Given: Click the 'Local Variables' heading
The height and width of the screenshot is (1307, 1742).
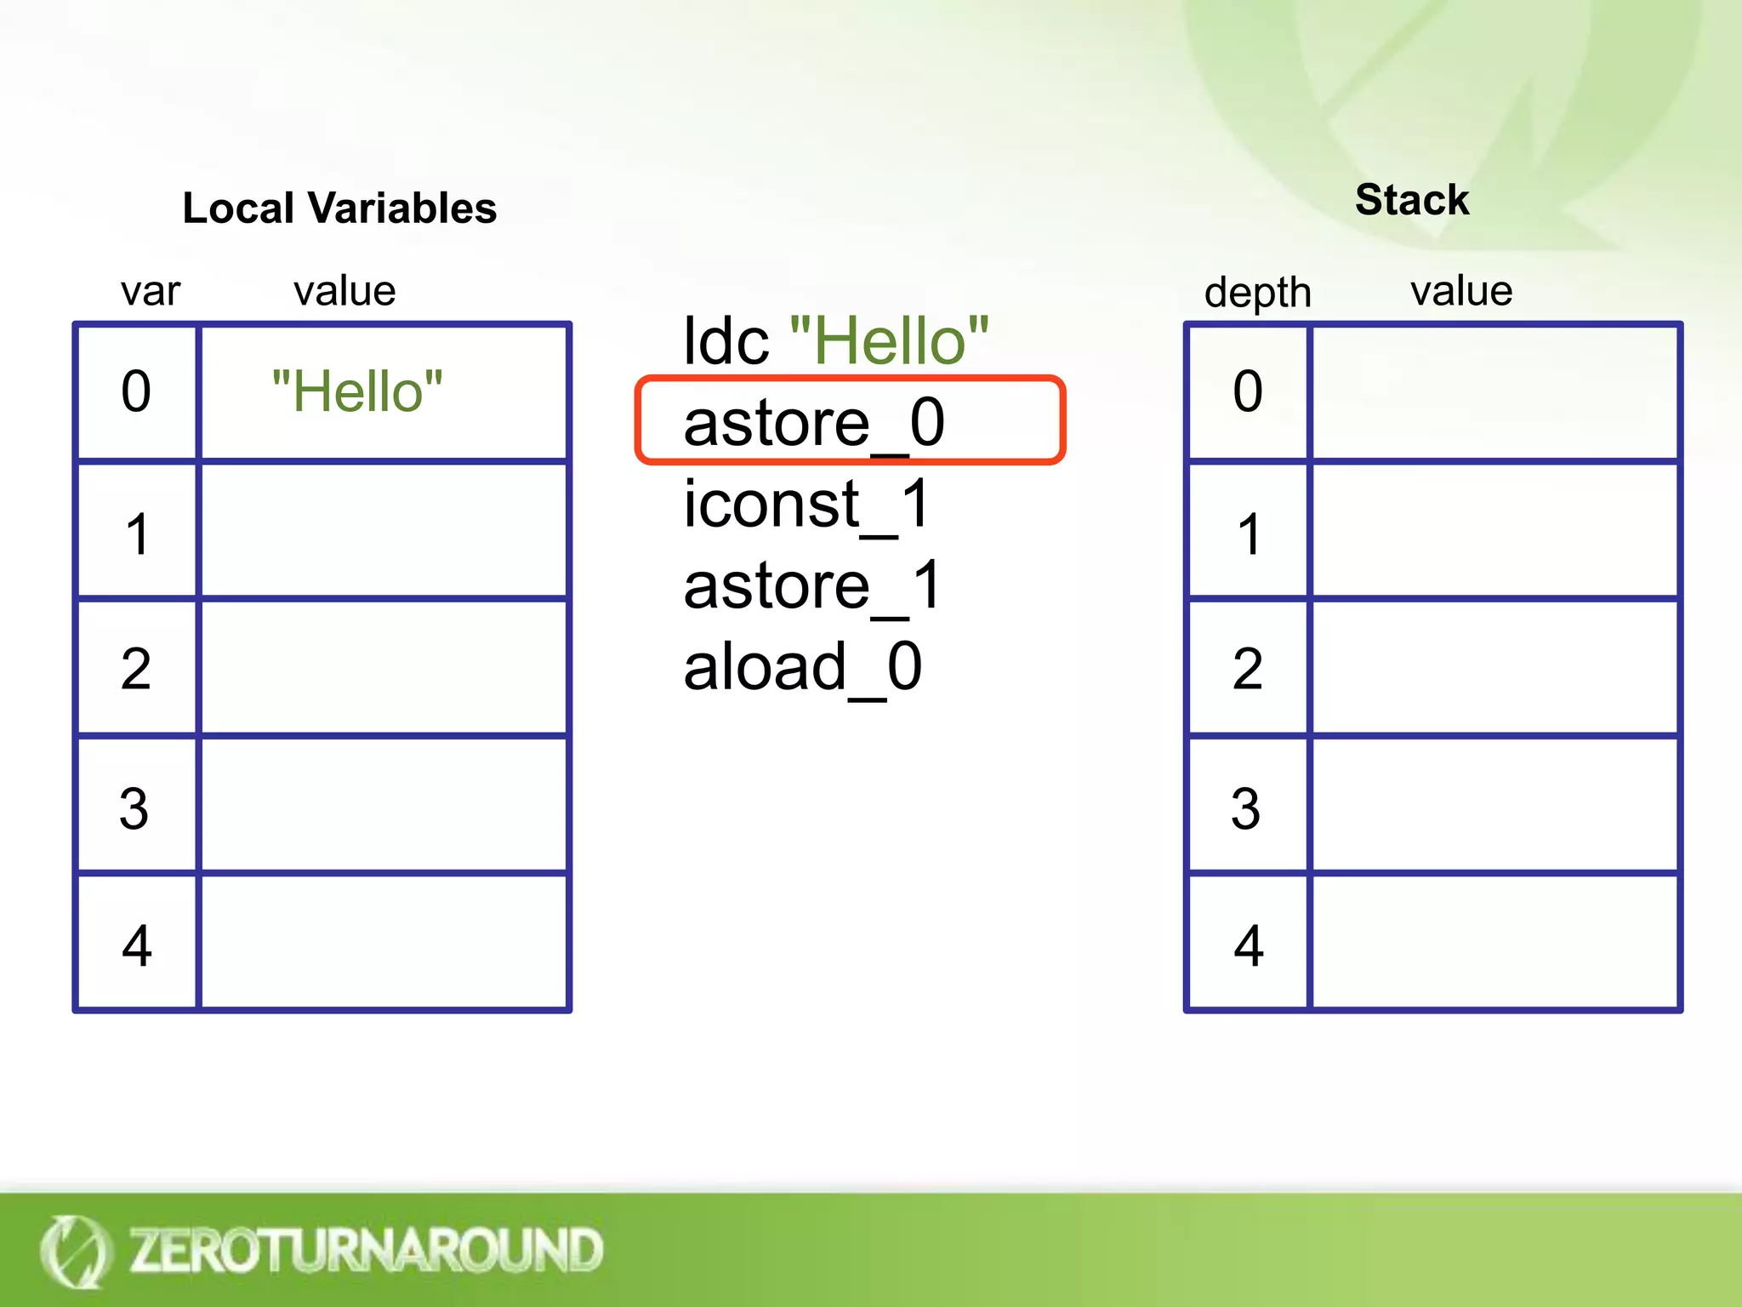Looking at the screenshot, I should coord(339,208).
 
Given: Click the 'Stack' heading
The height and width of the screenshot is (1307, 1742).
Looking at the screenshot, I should coord(1412,201).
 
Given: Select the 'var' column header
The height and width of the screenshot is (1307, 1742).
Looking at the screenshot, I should coord(151,292).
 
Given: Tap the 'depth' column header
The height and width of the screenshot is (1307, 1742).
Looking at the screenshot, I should coord(1257,293).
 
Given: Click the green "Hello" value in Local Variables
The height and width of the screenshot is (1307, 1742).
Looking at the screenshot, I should coord(357,392).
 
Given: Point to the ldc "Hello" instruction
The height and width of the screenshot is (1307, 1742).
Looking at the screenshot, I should coord(836,340).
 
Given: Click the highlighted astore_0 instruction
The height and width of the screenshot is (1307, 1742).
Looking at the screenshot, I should coord(814,422).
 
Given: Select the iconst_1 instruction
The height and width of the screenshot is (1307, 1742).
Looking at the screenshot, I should coord(807,504).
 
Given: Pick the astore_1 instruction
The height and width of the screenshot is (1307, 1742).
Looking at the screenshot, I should coord(812,585).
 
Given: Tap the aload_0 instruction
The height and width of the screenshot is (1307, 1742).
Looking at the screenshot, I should coord(803,667).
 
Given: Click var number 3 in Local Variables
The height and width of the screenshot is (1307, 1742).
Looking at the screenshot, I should coord(135,808).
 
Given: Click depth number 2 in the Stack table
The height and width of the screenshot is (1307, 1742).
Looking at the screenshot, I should coord(1247,669).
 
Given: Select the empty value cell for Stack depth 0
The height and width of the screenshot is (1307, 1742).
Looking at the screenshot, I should coord(1494,393).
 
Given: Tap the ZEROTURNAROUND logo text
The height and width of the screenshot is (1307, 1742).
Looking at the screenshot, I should coord(366,1250).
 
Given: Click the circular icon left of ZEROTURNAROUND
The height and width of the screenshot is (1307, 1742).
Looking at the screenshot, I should coord(75,1251).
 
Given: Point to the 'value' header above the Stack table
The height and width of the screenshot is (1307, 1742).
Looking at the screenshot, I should coord(1461,292).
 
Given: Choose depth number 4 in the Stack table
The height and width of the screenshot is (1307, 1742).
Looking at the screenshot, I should coord(1248,945).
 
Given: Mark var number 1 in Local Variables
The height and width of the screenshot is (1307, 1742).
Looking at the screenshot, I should coord(137,534).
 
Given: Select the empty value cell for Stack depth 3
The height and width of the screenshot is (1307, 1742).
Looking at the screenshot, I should coord(1494,805).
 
